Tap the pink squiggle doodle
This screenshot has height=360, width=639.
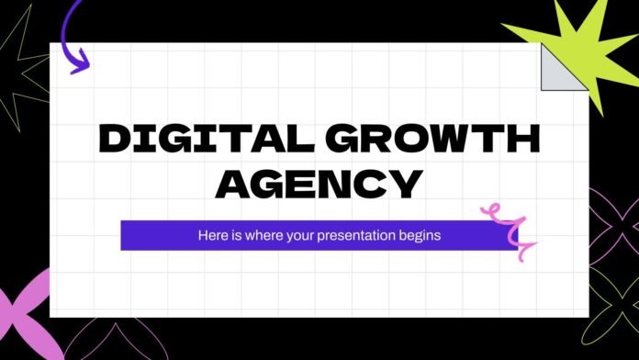506,228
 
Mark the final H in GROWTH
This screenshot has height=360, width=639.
521,141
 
